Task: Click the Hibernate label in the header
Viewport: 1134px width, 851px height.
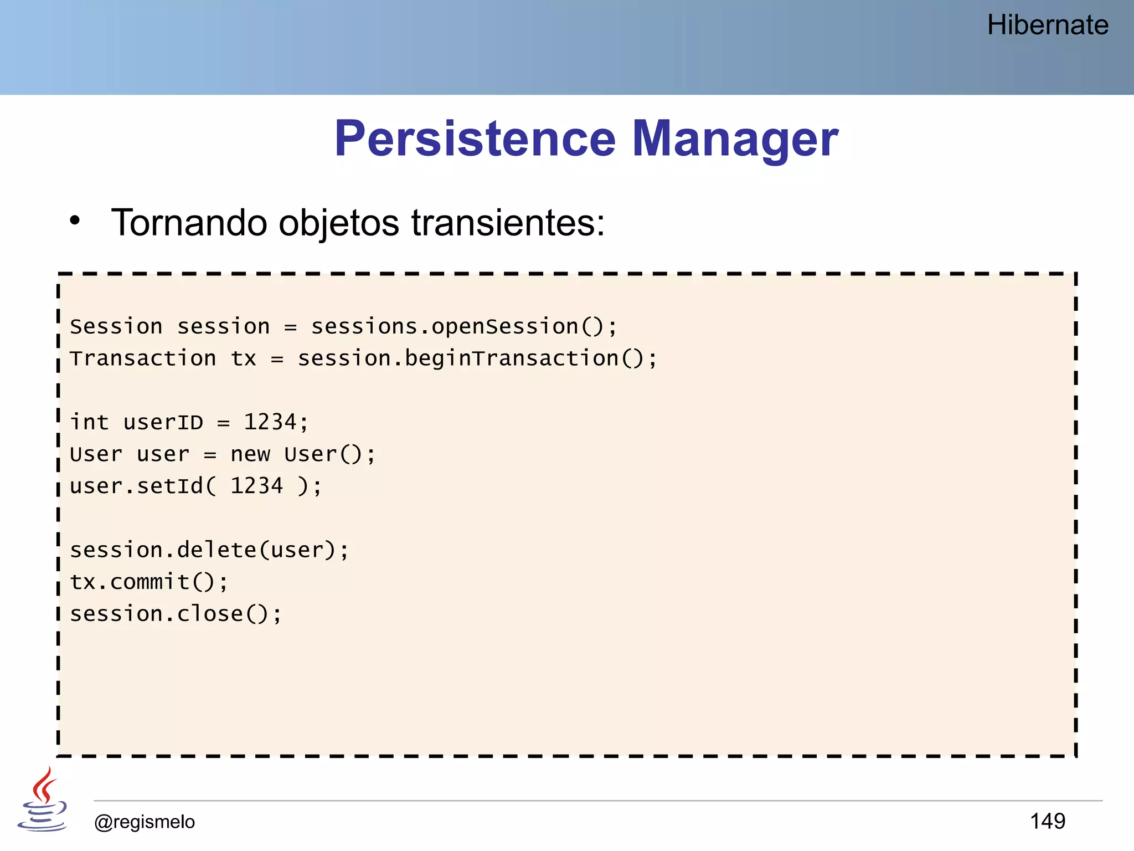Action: coord(1047,25)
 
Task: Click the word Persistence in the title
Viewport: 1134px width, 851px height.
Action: coord(475,139)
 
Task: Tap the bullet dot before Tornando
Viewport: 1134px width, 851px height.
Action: coord(75,221)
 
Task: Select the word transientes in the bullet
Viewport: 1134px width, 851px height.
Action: coord(507,223)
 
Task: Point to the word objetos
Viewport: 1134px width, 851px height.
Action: coord(338,224)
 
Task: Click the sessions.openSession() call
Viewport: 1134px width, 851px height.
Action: coord(463,327)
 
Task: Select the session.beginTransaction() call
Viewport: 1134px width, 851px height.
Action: coord(476,358)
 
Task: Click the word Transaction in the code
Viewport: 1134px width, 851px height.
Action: coord(143,358)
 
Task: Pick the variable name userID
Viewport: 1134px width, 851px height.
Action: coord(163,423)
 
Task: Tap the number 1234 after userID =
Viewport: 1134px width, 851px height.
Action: coord(270,422)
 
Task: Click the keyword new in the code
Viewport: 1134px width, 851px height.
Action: coord(250,454)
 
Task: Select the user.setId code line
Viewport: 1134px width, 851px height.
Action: coord(195,486)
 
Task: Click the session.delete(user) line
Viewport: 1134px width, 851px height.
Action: coord(209,550)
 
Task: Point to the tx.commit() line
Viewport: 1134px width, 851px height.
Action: coord(148,582)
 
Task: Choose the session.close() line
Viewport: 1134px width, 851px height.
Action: coord(176,614)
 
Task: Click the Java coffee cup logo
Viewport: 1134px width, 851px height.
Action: coord(42,801)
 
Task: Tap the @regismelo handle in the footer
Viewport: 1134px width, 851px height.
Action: coord(145,822)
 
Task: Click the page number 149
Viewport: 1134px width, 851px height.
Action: coord(1047,821)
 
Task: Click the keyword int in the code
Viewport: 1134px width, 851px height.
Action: coord(89,423)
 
